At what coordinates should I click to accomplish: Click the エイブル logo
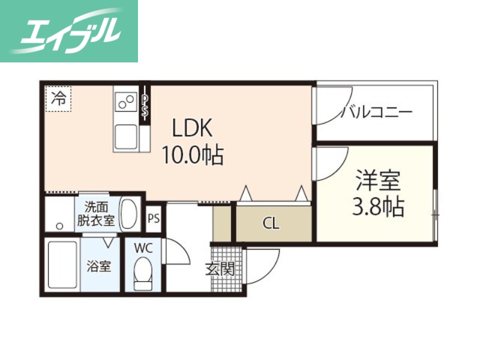point(69,31)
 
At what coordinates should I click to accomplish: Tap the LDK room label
point(192,128)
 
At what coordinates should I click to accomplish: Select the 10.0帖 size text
point(192,155)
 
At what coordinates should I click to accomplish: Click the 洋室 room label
point(377,179)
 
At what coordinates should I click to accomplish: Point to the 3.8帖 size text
point(377,206)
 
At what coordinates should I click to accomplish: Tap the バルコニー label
point(376,112)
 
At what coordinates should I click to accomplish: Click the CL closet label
point(271,224)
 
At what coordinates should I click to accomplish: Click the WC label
point(143,247)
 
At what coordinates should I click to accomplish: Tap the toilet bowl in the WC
point(143,274)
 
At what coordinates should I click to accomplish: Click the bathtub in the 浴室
point(62,266)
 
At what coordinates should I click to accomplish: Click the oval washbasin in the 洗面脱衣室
point(129,213)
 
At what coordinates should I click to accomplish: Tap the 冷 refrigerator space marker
point(58,98)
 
